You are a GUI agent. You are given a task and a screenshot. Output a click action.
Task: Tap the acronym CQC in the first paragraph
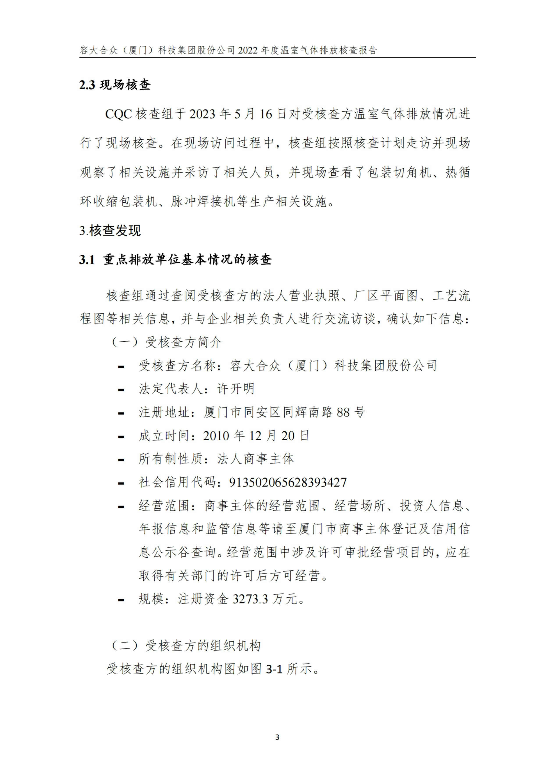pyautogui.click(x=118, y=114)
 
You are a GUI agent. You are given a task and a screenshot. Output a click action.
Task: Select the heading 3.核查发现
pyautogui.click(x=110, y=231)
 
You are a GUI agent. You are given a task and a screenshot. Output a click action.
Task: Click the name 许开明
pyautogui.click(x=236, y=389)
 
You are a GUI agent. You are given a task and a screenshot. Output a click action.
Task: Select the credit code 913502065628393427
pyautogui.click(x=288, y=483)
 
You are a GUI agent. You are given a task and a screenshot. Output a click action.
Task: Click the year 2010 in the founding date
pyautogui.click(x=216, y=436)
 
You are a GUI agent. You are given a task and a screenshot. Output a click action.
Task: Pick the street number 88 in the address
pyautogui.click(x=343, y=412)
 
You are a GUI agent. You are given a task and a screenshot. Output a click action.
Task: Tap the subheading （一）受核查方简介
pyautogui.click(x=167, y=342)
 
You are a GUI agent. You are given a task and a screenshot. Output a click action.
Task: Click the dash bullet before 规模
pyautogui.click(x=121, y=600)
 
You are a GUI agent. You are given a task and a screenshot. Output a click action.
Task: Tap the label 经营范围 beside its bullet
pyautogui.click(x=164, y=506)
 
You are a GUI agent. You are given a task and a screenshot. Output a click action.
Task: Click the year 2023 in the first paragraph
pyautogui.click(x=202, y=114)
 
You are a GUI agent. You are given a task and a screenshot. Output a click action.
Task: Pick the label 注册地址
pyautogui.click(x=164, y=412)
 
